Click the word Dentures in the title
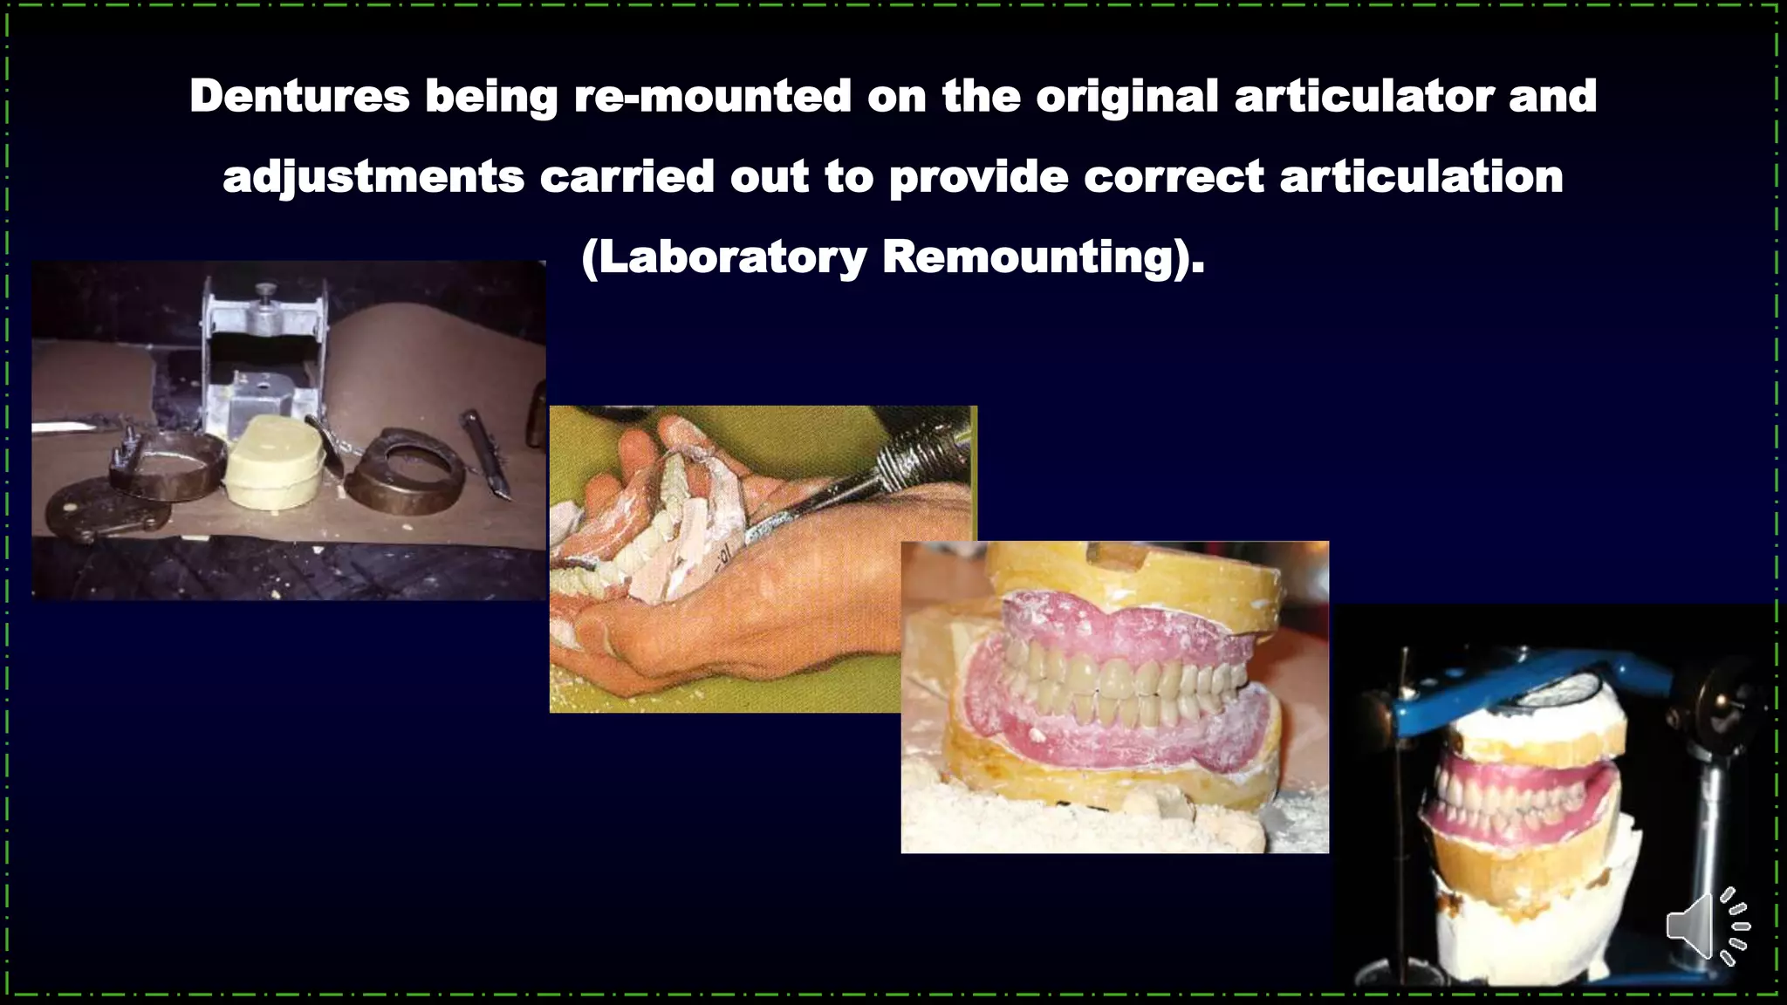click(299, 95)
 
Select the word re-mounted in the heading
click(712, 95)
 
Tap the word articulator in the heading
click(1364, 95)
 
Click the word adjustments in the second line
click(373, 177)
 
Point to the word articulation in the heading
click(1421, 177)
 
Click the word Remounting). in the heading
click(1044, 257)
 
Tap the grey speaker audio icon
click(1707, 926)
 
